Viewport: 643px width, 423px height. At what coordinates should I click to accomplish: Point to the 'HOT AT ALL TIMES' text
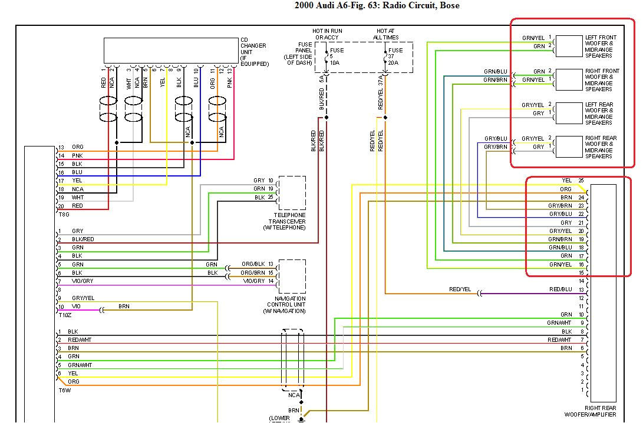(386, 34)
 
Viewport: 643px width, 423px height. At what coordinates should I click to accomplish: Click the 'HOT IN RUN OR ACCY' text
(327, 34)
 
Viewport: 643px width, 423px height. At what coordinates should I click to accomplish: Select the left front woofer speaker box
(569, 46)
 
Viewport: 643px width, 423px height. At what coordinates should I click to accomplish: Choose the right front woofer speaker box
(569, 80)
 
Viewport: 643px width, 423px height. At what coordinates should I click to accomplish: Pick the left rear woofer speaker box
(569, 114)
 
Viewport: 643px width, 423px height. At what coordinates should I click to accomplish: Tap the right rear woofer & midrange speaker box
(569, 147)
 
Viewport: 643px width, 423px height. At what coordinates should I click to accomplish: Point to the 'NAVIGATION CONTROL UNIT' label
(286, 305)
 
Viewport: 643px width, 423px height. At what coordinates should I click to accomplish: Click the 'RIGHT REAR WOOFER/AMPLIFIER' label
(601, 411)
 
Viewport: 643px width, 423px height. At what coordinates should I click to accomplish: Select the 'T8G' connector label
(64, 215)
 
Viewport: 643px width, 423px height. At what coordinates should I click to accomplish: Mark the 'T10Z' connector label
(65, 315)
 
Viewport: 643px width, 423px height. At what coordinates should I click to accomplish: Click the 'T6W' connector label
(64, 390)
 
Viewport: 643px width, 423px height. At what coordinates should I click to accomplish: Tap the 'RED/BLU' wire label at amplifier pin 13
(560, 289)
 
